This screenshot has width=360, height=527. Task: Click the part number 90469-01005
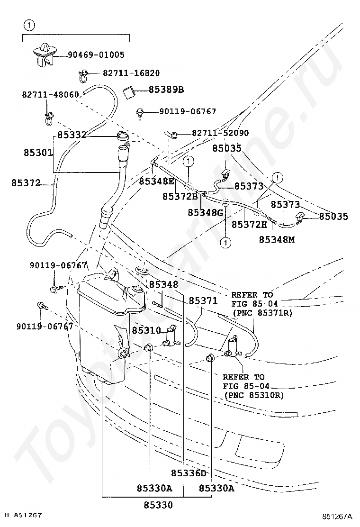tap(96, 55)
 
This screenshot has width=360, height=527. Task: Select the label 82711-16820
tap(131, 73)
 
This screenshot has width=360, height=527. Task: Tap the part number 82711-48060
tap(50, 94)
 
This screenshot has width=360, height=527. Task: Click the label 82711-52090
tap(220, 134)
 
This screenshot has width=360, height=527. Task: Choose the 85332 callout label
tap(72, 135)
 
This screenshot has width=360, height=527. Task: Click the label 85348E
tap(157, 181)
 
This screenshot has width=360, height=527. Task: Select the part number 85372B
tap(180, 196)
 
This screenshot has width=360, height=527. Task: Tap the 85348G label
tap(205, 213)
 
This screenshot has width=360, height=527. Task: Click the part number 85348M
tap(276, 239)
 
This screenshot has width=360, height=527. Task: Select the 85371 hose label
tap(203, 300)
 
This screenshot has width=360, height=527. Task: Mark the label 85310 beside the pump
tap(146, 330)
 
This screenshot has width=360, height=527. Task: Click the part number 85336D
tap(189, 473)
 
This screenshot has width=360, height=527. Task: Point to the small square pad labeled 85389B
tap(128, 91)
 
